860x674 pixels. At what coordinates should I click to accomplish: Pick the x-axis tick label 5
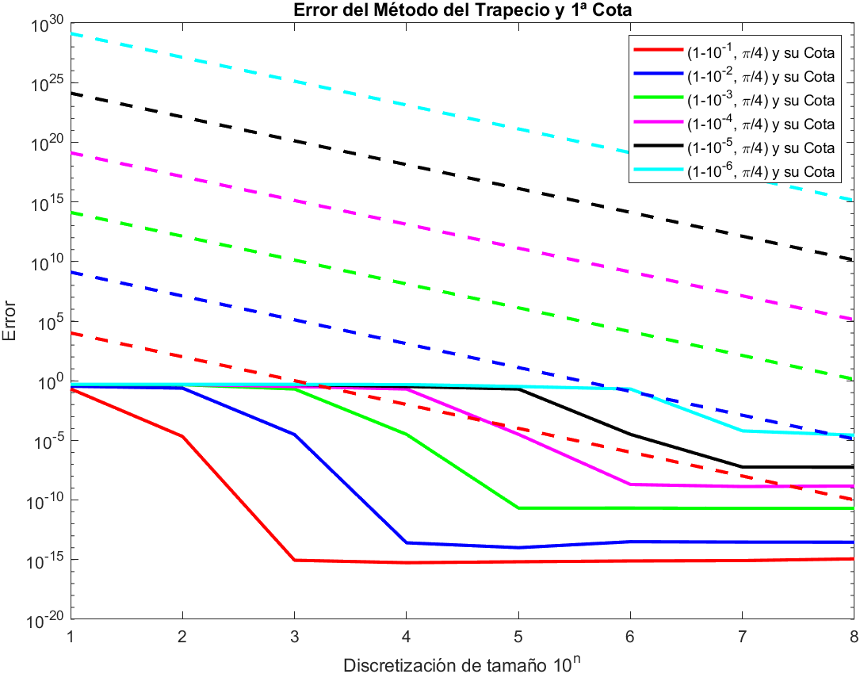click(x=518, y=637)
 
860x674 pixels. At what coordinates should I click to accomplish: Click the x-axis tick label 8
click(x=853, y=637)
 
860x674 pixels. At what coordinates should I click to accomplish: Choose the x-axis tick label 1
click(x=71, y=637)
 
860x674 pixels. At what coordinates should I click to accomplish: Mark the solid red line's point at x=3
click(x=295, y=560)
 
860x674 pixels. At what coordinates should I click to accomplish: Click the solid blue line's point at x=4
click(x=407, y=542)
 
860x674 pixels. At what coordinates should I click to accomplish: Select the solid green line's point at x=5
click(x=518, y=507)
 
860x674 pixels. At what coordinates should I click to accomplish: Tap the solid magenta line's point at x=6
click(x=630, y=484)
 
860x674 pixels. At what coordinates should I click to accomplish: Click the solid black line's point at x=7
click(x=742, y=467)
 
